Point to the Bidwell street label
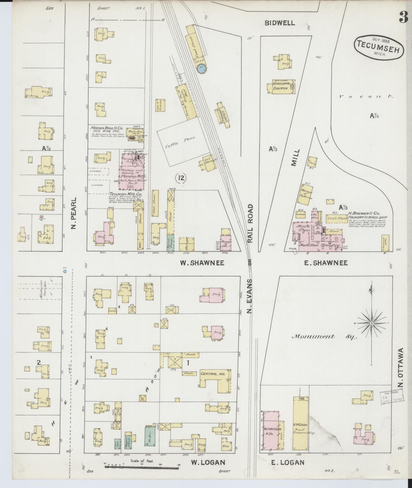click(280, 23)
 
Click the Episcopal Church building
click(281, 87)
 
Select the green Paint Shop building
click(171, 243)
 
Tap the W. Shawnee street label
click(202, 263)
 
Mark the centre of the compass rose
click(371, 323)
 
